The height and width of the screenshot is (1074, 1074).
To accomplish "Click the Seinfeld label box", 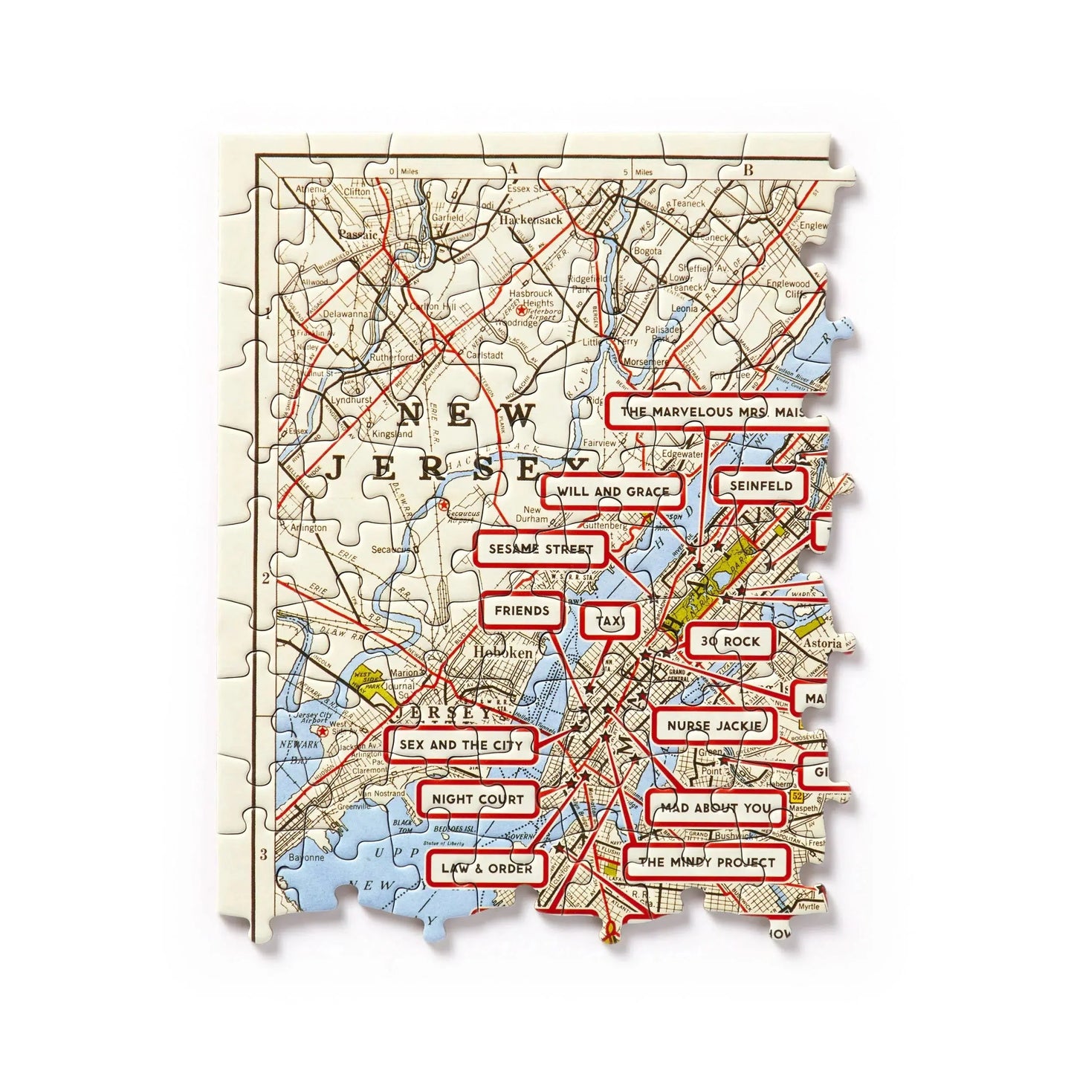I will tap(760, 487).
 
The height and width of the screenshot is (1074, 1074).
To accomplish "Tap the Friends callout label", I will tap(522, 611).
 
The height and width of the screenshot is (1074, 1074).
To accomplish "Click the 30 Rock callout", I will tap(730, 641).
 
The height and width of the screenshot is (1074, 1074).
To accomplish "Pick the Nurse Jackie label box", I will tap(714, 725).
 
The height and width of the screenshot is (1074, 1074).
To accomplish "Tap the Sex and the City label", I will tap(461, 744).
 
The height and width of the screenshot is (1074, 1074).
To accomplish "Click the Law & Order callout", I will tap(486, 868).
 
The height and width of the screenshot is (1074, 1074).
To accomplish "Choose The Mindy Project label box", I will tap(706, 863).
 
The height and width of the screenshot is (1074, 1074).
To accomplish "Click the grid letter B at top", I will tap(748, 171).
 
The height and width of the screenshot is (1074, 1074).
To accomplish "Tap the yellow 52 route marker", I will tap(798, 796).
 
